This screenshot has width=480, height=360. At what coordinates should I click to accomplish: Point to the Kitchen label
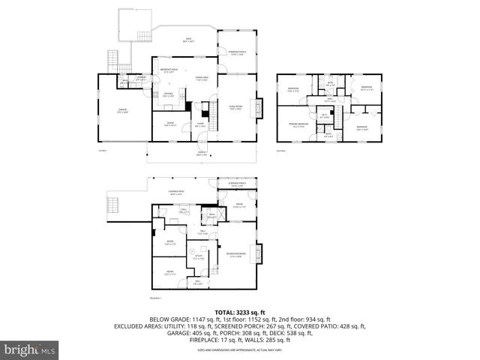(169, 94)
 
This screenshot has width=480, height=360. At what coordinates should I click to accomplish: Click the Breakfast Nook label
(169, 69)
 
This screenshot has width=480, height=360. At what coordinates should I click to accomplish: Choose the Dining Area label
(201, 77)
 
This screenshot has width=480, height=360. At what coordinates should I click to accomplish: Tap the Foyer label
(200, 124)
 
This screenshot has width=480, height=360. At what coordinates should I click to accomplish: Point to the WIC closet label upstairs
(325, 116)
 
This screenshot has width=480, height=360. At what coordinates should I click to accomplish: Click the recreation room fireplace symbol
(260, 253)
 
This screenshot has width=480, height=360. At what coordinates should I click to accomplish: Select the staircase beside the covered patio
(114, 203)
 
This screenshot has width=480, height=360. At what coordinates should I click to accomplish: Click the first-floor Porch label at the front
(201, 153)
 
